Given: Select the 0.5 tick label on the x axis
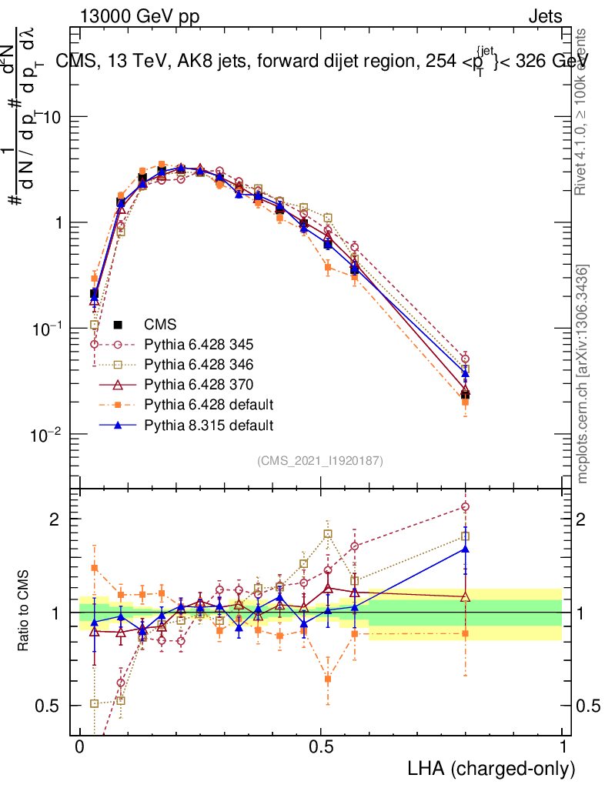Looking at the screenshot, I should pos(322,747).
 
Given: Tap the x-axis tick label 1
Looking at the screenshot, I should pos(563,747).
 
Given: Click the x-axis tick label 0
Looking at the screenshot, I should pos(80,747).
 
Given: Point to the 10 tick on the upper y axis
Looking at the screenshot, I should pos(55,117).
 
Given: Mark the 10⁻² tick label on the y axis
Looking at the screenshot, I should pos(48,435).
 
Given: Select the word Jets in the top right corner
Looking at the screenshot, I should pos(544,16).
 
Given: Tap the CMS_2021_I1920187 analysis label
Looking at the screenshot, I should pos(320,460).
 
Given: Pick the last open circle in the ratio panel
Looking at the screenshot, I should pos(465,506).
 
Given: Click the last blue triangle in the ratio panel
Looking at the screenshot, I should pos(465,548).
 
